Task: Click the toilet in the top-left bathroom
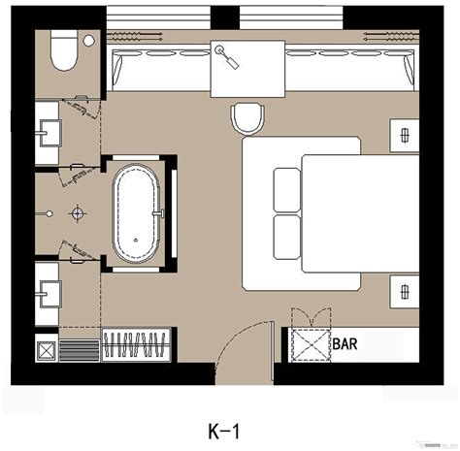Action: (63, 54)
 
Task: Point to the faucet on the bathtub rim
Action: (164, 209)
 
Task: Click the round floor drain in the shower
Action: (77, 210)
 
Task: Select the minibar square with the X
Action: (310, 344)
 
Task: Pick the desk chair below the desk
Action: (248, 119)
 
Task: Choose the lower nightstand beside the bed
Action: (401, 288)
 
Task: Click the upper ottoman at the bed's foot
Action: (287, 189)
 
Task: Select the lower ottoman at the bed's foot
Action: (287, 235)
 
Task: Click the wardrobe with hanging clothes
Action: (139, 345)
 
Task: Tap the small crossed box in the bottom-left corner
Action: (46, 346)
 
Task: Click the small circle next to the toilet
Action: (89, 41)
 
